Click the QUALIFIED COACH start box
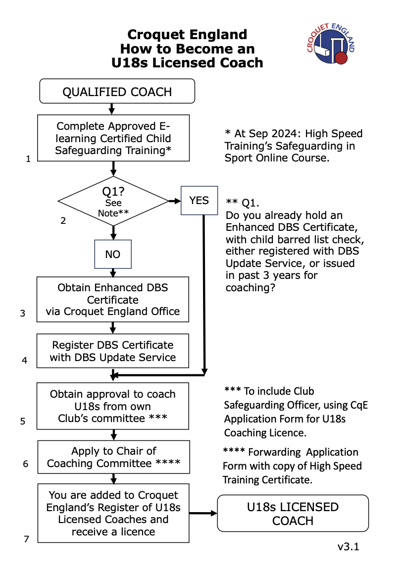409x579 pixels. coord(117,92)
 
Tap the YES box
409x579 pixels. coord(199,200)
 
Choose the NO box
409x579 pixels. coord(113,254)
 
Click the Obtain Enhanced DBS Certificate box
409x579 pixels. coord(113,299)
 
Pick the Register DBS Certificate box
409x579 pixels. coord(113,351)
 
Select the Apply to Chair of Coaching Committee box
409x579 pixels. coord(113,457)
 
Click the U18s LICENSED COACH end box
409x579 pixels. coord(293,514)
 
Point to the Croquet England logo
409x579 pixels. coord(331,45)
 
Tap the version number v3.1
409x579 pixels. coord(348,547)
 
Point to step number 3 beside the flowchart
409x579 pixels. coord(23,314)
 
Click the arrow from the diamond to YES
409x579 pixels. coord(175,201)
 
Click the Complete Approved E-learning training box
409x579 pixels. coord(113,138)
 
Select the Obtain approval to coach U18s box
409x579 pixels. coord(113,406)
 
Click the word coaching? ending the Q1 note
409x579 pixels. coord(250,287)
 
